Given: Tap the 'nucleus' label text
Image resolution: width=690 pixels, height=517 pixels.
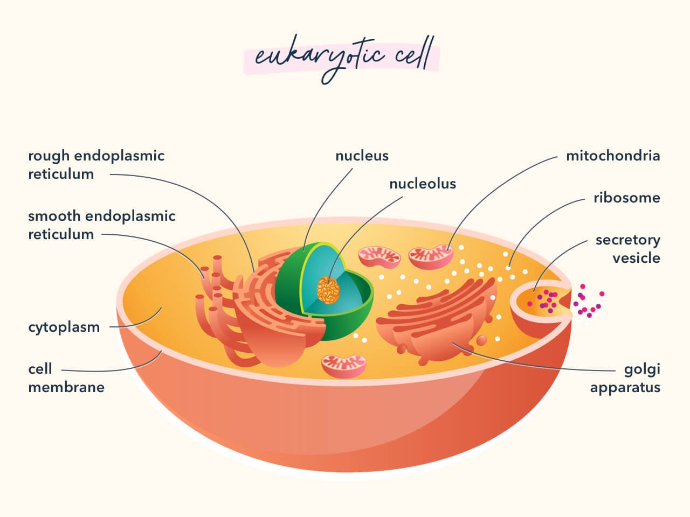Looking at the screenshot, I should (362, 156).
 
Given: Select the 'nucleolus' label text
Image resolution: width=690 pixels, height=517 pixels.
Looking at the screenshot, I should (423, 184).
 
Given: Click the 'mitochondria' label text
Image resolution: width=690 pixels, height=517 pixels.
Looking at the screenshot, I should (613, 156).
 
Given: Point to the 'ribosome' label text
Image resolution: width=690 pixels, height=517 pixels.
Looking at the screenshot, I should (626, 198).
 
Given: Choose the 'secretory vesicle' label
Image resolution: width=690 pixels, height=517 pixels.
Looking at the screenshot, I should (627, 248).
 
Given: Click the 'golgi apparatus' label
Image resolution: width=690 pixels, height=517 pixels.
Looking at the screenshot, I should (625, 379).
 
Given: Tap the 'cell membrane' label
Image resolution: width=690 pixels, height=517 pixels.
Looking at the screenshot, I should (66, 378).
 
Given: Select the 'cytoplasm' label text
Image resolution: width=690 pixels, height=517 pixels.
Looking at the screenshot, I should (64, 327).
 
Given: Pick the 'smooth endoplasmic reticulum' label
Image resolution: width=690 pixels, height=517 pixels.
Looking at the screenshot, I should (101, 225).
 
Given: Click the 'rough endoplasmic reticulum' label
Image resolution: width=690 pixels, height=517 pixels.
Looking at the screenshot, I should (96, 165).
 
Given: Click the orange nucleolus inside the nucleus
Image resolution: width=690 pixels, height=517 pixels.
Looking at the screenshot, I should (328, 289).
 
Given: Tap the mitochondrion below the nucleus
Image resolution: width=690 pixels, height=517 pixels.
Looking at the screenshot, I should (343, 365).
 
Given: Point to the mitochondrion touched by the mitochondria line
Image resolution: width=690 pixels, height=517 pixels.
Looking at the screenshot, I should (430, 257).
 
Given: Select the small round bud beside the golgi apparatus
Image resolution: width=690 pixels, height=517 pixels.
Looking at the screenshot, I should (481, 340).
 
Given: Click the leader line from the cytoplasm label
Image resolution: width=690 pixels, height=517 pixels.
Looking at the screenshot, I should (137, 323).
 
